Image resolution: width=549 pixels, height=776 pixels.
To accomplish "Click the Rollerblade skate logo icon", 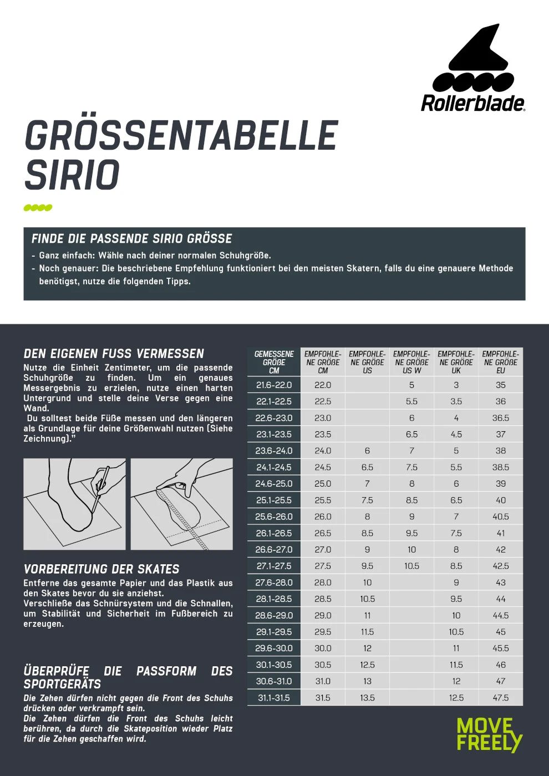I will pyautogui.click(x=473, y=60).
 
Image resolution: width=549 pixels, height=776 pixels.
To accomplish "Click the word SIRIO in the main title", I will pyautogui.click(x=72, y=175).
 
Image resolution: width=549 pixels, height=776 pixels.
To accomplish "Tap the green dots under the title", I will pyautogui.click(x=38, y=208).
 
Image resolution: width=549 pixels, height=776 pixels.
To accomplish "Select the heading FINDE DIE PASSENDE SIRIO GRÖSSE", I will pyautogui.click(x=131, y=239).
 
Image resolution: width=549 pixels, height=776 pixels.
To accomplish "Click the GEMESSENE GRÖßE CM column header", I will pyautogui.click(x=274, y=363).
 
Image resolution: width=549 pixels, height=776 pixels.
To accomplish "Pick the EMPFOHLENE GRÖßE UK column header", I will pyautogui.click(x=456, y=363).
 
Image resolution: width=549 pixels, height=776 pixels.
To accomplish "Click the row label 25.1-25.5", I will pyautogui.click(x=274, y=500).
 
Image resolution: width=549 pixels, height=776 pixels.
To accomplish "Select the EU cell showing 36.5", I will pyautogui.click(x=500, y=418).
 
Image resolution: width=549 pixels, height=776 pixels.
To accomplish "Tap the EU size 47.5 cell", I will pyautogui.click(x=500, y=698).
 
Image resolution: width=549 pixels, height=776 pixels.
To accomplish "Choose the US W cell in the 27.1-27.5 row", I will pyautogui.click(x=411, y=566).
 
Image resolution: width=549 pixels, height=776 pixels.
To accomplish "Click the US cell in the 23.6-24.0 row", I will pyautogui.click(x=367, y=451).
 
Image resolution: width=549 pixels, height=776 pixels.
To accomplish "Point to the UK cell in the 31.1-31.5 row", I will pyautogui.click(x=456, y=698).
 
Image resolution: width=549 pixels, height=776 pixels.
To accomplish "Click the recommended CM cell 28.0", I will pyautogui.click(x=323, y=583).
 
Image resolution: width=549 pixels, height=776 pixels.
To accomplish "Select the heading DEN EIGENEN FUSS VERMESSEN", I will pyautogui.click(x=114, y=354).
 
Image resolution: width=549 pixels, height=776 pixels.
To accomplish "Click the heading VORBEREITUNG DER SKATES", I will pyautogui.click(x=101, y=569).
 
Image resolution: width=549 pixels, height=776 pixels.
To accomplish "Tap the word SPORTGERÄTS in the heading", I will pyautogui.click(x=62, y=684).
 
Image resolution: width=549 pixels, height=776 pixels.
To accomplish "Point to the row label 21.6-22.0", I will pyautogui.click(x=274, y=385).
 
